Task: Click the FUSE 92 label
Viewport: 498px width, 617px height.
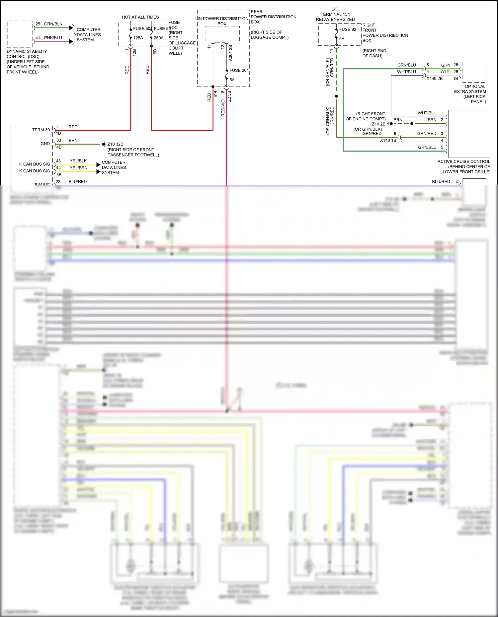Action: pos(347,30)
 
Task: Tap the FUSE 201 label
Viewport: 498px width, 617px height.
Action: pos(239,70)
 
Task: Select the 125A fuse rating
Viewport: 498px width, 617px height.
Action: pos(138,38)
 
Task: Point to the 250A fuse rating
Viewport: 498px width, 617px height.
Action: pos(159,38)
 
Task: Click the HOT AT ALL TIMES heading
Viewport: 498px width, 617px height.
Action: pos(140,17)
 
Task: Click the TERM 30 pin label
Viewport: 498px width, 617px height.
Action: pos(41,130)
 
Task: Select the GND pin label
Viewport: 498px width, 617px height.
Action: pos(45,144)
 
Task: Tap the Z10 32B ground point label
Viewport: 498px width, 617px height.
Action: pos(115,144)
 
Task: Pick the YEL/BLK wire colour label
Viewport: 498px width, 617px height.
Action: pos(78,161)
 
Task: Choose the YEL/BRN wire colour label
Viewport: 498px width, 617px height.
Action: pos(79,168)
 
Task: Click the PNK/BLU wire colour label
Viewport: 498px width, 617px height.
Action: pos(53,38)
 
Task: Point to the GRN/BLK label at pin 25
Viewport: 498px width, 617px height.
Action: pos(53,24)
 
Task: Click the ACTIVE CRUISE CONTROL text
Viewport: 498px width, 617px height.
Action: pos(463,161)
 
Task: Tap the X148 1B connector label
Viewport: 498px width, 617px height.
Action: pos(388,140)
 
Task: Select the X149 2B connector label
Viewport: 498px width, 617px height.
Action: pos(434,79)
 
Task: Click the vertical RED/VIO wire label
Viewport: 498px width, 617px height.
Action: pos(223,108)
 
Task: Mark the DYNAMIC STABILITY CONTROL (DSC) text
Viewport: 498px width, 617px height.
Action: pos(27,54)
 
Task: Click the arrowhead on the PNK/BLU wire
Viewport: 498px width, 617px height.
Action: pos(71,41)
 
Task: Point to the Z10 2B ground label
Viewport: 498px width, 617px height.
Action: pos(378,124)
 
